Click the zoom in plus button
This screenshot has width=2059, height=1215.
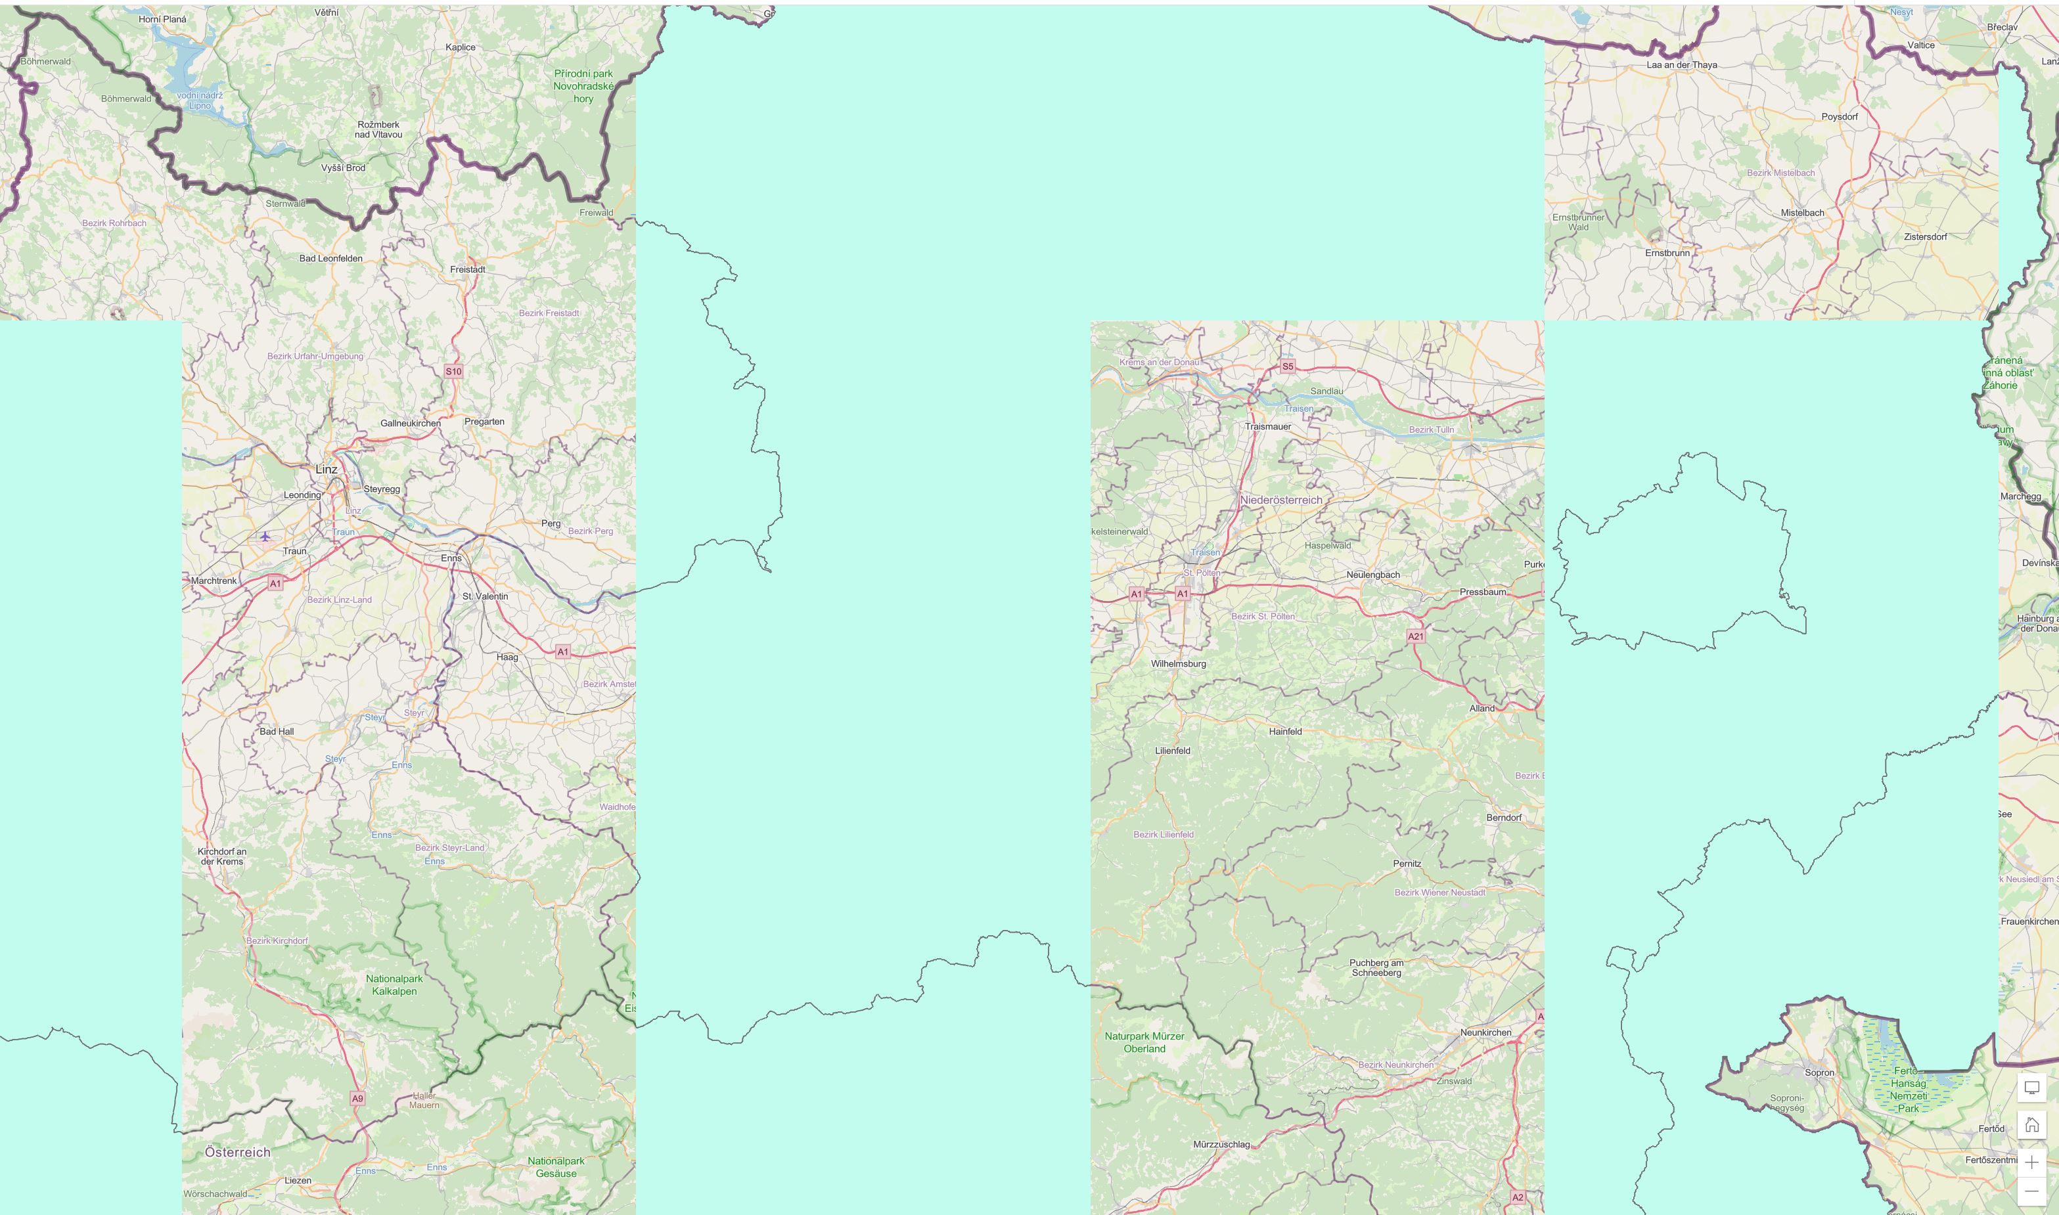[2031, 1162]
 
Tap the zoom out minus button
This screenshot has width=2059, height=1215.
[2031, 1191]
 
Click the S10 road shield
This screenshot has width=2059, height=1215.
[454, 372]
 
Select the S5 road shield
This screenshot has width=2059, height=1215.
[1288, 366]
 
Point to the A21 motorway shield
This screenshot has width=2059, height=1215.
[1416, 636]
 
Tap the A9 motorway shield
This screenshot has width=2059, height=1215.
[357, 1098]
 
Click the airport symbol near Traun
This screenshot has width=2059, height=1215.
[265, 537]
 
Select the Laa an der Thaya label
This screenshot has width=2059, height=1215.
[1681, 64]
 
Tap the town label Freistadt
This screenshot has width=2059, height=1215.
[468, 269]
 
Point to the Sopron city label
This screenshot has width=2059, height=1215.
[1820, 1072]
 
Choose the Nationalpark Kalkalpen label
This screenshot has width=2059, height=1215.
[394, 985]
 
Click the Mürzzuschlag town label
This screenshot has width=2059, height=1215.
[1221, 1145]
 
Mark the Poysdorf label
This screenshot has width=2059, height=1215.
[1840, 117]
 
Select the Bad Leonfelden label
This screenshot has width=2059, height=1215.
[331, 259]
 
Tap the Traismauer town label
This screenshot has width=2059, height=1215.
[1268, 426]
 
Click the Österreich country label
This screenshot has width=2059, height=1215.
[238, 1152]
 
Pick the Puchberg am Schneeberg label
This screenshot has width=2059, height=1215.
[1376, 968]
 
